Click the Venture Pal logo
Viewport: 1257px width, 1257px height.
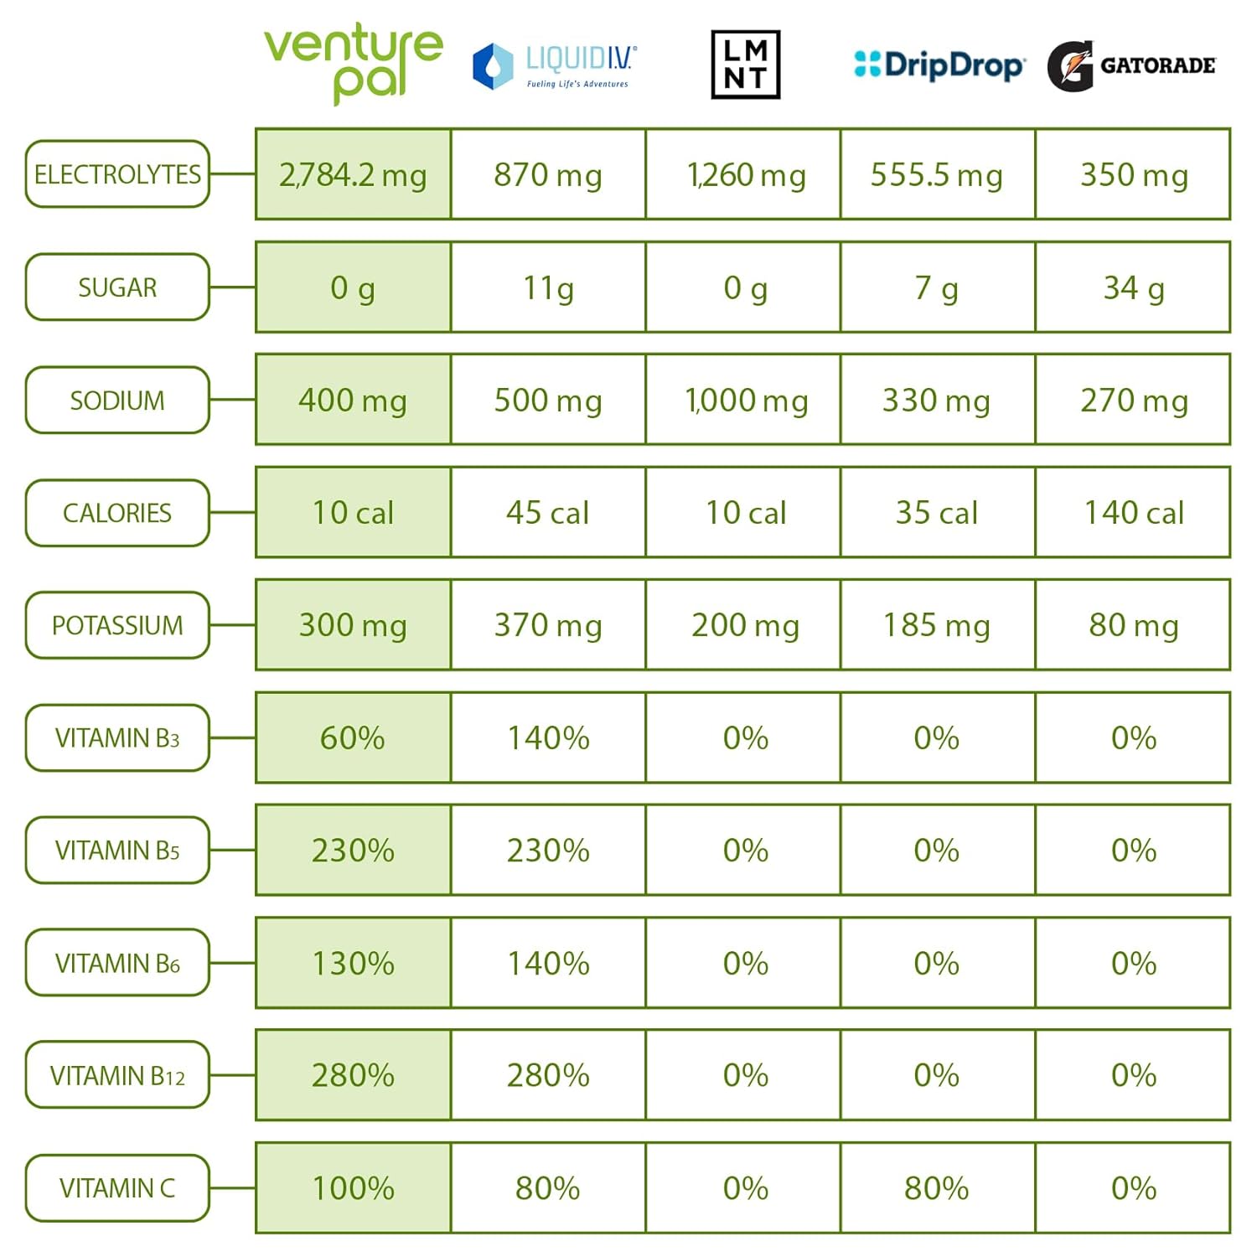(x=353, y=64)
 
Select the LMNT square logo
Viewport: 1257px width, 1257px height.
(x=745, y=65)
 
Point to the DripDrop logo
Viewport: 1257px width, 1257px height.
(x=939, y=65)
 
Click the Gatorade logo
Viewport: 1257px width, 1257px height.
(x=1131, y=65)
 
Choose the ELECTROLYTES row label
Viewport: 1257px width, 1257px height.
(x=117, y=174)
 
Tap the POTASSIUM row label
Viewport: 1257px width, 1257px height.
(x=117, y=625)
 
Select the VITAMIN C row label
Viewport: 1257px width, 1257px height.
(x=117, y=1188)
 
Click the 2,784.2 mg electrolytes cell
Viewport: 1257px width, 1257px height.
(x=353, y=174)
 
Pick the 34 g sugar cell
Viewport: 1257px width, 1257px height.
(x=1133, y=287)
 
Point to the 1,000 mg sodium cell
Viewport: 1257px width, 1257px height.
(x=745, y=400)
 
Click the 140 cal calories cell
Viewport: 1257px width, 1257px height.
(x=1133, y=513)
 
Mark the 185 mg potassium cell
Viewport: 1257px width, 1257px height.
(x=937, y=625)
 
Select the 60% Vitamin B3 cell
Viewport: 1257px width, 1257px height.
(x=353, y=738)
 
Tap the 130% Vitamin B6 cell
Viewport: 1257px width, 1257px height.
(x=353, y=963)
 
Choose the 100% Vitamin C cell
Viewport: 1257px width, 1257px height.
(x=353, y=1188)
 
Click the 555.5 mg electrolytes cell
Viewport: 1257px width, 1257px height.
(x=937, y=174)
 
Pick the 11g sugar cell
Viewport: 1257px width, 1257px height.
(x=548, y=287)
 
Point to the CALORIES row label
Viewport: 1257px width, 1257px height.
(x=117, y=513)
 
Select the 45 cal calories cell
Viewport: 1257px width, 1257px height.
(x=548, y=513)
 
